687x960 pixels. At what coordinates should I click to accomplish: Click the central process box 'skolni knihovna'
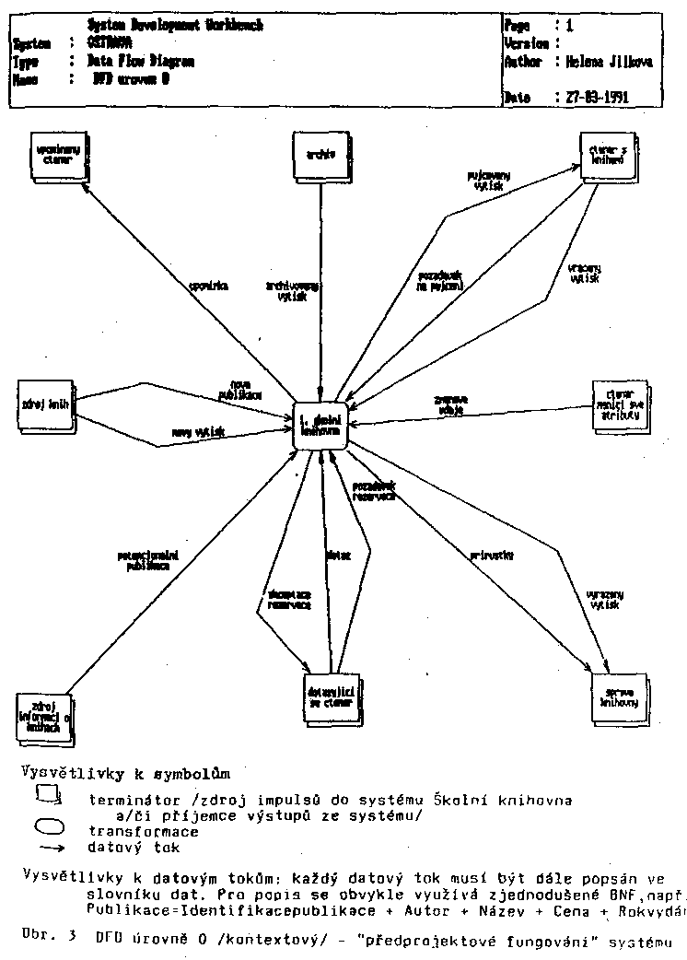(320, 425)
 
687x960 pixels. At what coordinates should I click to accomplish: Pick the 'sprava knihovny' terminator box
(616, 697)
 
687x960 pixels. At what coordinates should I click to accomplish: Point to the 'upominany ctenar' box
(53, 153)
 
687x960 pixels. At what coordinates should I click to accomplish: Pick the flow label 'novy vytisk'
(192, 431)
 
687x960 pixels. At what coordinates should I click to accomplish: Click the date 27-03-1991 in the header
(596, 97)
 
